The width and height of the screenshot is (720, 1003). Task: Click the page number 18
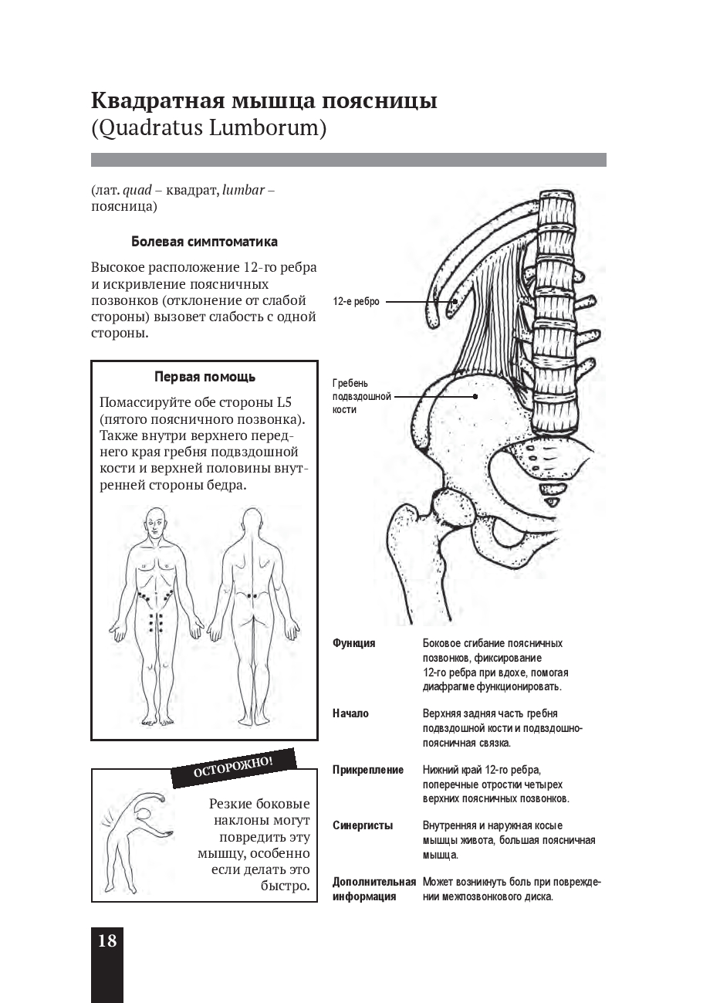coord(106,940)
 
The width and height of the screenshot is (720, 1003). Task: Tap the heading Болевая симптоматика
coord(204,242)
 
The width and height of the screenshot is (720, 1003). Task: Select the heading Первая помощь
coord(205,377)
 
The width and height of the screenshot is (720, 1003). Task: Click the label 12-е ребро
coord(356,303)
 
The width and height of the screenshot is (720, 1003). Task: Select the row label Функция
coord(353,643)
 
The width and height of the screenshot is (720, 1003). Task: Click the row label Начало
coord(350,713)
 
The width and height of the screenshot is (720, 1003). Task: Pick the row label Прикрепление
coord(367,770)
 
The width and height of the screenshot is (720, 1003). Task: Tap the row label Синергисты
coord(362,825)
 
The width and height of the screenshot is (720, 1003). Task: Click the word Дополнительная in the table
coord(374,882)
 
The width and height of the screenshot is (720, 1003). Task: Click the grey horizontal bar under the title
coord(348,160)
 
